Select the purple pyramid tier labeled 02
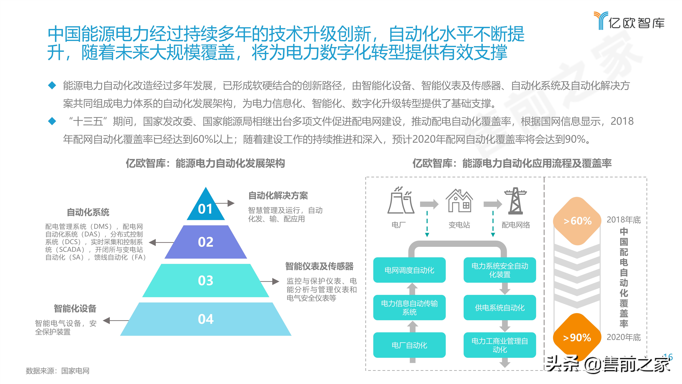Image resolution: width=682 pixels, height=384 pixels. click(x=206, y=242)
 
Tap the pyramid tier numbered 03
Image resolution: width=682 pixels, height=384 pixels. click(x=206, y=280)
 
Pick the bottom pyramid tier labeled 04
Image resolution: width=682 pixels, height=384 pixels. click(x=206, y=319)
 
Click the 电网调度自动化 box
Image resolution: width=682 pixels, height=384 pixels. click(x=409, y=270)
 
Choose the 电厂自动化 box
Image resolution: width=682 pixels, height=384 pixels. click(x=409, y=345)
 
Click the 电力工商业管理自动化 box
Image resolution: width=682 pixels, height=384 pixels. click(x=500, y=345)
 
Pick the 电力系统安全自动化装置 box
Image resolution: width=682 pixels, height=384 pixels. click(x=500, y=270)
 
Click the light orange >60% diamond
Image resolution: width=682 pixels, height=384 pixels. click(x=577, y=221)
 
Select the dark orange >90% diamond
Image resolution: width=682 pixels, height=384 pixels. click(x=577, y=337)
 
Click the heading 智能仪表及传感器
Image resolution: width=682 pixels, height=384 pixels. click(x=319, y=266)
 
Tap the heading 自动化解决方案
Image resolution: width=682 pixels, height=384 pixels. click(x=278, y=196)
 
